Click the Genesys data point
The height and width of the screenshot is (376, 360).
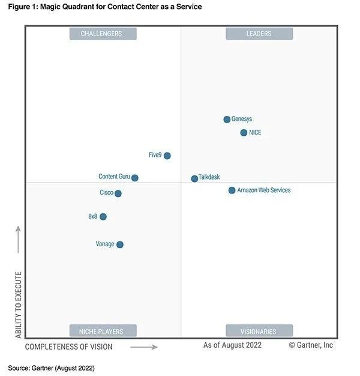tap(227, 120)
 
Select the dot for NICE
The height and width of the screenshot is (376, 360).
tap(244, 133)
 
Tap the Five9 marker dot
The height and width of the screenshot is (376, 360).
tap(167, 156)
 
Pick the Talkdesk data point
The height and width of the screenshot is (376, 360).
tap(194, 178)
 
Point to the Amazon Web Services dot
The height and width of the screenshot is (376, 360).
tap(232, 190)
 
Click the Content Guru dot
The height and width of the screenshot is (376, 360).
tap(135, 178)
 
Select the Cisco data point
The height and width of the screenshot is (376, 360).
tap(118, 193)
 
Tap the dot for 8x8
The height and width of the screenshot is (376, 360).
tap(103, 216)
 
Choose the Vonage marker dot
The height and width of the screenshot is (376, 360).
tap(120, 244)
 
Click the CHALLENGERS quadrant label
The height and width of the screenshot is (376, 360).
tap(101, 34)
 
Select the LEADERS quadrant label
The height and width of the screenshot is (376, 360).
tap(259, 34)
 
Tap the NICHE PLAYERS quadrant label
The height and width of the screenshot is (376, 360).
tap(101, 331)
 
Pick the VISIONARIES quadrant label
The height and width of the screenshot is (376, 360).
tap(259, 331)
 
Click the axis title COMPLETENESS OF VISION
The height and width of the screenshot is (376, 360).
tap(68, 347)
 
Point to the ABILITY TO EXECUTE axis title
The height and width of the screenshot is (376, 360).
tap(18, 306)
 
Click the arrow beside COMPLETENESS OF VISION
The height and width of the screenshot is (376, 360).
tap(144, 347)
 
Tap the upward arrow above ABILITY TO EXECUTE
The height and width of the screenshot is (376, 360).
tap(18, 239)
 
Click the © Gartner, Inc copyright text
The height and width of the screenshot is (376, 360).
tap(311, 345)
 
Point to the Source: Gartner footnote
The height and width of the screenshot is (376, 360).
tap(52, 367)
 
